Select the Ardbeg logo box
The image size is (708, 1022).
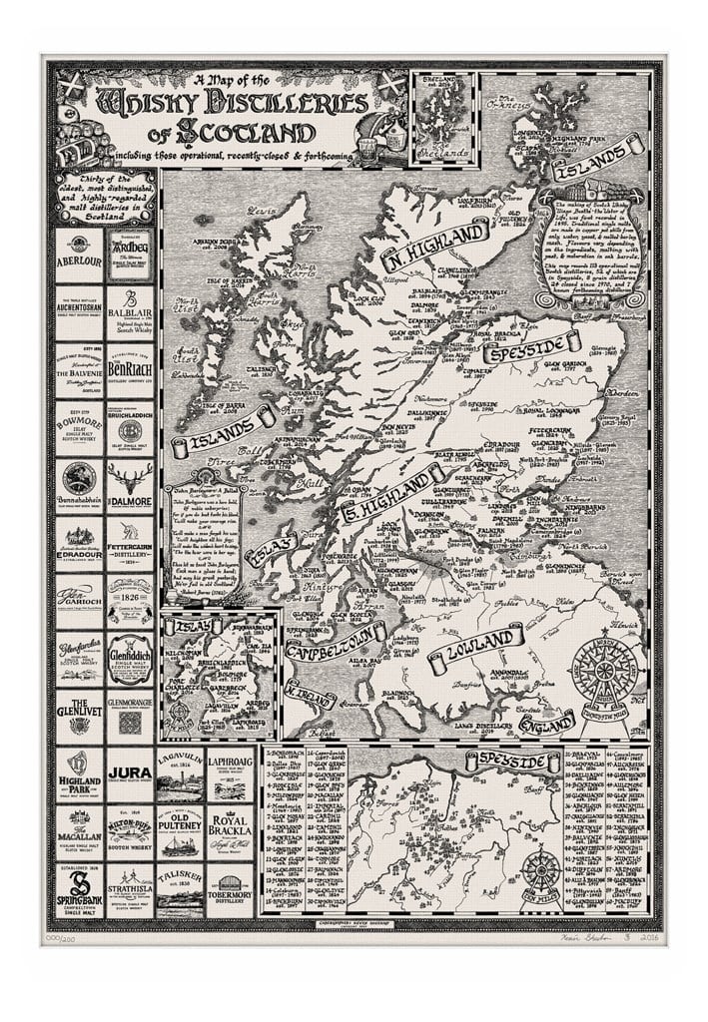130,255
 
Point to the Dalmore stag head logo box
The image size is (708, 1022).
130,487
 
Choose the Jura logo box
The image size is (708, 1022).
130,772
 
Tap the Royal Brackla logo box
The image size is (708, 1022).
230,830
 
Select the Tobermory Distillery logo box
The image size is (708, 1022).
230,888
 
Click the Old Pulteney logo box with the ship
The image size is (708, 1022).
181,830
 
